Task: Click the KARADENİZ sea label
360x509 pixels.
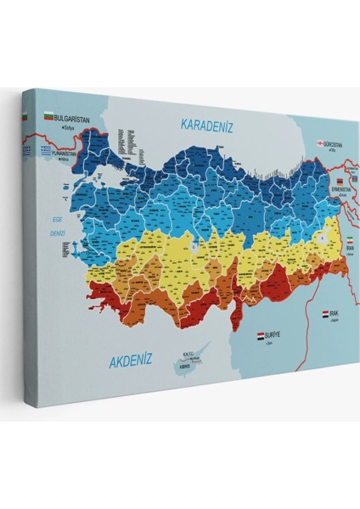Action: [206, 125]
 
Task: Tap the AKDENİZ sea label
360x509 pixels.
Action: [130, 361]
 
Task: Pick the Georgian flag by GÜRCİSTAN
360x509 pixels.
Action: [319, 143]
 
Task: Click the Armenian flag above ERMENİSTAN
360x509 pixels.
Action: [340, 181]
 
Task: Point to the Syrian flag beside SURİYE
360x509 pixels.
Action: [262, 337]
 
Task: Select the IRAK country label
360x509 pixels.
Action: [335, 314]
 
